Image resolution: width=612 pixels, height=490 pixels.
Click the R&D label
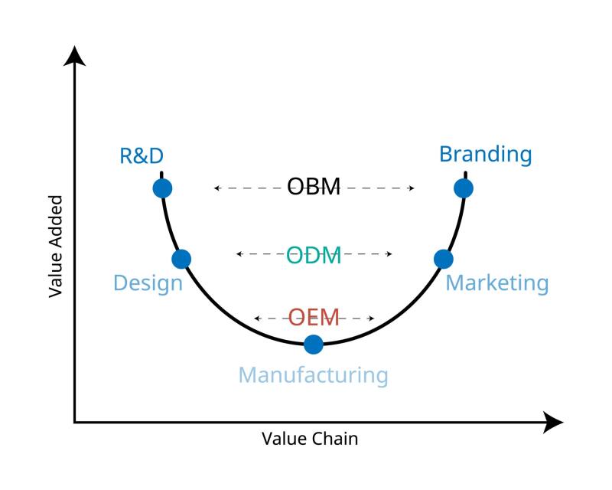142,156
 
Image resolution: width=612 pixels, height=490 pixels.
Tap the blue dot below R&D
162,188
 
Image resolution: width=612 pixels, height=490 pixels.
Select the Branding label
485,154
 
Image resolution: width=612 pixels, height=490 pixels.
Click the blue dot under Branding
463,188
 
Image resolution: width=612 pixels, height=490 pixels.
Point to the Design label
148,283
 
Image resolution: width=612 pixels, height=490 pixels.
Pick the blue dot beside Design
181,259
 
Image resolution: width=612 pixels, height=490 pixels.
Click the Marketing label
497,283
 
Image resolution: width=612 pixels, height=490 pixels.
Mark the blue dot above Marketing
444,259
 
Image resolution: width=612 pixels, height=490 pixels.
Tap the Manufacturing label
313,375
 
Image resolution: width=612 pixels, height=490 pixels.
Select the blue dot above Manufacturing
313,344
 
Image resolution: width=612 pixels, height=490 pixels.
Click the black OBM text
314,187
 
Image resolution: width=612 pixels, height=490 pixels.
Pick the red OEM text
314,317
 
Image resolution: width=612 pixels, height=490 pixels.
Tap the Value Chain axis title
310,439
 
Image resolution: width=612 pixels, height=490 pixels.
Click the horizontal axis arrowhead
555,421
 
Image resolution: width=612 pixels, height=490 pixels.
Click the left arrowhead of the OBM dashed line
217,188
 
